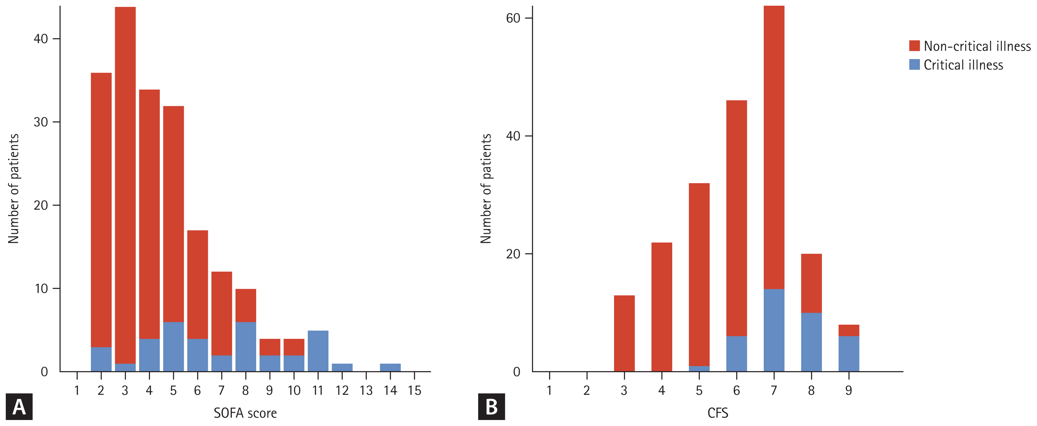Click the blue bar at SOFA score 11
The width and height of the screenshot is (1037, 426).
318,351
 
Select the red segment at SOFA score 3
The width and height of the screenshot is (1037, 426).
125,185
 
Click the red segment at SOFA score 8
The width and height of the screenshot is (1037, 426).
246,305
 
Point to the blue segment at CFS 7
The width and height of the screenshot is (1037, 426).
774,330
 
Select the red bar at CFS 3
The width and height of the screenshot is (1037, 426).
624,333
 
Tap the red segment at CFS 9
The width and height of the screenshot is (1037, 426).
849,330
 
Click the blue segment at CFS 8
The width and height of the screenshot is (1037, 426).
811,342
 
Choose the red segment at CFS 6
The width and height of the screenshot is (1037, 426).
736,218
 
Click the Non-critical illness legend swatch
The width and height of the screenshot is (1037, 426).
914,46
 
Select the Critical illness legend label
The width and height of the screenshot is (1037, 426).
963,65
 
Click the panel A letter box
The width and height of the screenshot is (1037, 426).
19,407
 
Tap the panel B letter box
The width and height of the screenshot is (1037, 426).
491,407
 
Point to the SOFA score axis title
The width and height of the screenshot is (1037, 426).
245,413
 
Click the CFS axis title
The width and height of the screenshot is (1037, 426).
718,413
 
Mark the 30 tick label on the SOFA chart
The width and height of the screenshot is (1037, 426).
41,122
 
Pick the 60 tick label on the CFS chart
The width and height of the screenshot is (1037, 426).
513,18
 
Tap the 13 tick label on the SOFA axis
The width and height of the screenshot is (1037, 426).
366,390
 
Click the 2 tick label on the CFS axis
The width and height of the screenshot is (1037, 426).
586,390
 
